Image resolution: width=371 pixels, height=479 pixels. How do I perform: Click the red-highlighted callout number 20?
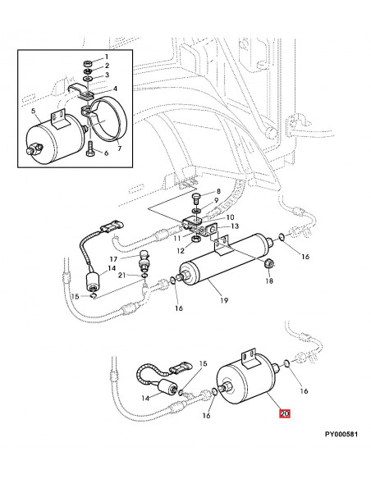285,413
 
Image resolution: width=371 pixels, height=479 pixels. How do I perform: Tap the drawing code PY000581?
341,434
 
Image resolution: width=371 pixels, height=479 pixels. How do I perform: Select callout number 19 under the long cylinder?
224,300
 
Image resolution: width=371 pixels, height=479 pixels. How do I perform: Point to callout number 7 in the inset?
119,148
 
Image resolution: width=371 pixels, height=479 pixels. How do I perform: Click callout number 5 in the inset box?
34,112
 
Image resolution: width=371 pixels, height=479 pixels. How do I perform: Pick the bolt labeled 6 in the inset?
91,148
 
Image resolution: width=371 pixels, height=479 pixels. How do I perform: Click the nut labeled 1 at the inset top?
87,64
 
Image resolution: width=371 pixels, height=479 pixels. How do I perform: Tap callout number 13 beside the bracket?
235,226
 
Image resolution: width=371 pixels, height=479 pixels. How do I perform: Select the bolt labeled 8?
195,199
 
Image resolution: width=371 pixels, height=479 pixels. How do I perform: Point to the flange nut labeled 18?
268,263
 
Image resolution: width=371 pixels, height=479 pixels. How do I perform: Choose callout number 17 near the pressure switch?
113,259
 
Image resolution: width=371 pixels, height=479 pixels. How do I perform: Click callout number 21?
122,276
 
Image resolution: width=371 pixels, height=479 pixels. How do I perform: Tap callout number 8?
218,192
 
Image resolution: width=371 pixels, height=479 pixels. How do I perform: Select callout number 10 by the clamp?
230,217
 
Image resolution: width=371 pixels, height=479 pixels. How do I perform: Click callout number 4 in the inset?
115,89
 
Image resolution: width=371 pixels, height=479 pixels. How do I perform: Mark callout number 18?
268,281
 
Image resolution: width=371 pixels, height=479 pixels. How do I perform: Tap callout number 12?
181,251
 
